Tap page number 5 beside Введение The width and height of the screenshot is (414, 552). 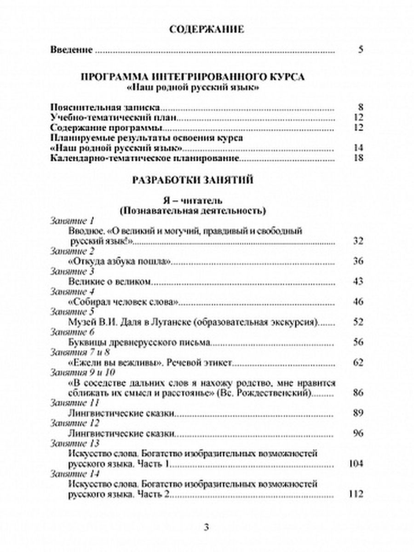tap(360, 50)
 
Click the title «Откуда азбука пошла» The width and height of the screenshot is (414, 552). tap(120, 261)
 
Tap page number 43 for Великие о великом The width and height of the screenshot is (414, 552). tap(359, 281)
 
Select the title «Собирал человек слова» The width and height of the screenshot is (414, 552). tap(122, 302)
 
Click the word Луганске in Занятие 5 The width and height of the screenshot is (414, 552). tap(161, 322)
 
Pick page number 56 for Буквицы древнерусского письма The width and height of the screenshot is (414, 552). tap(359, 342)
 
